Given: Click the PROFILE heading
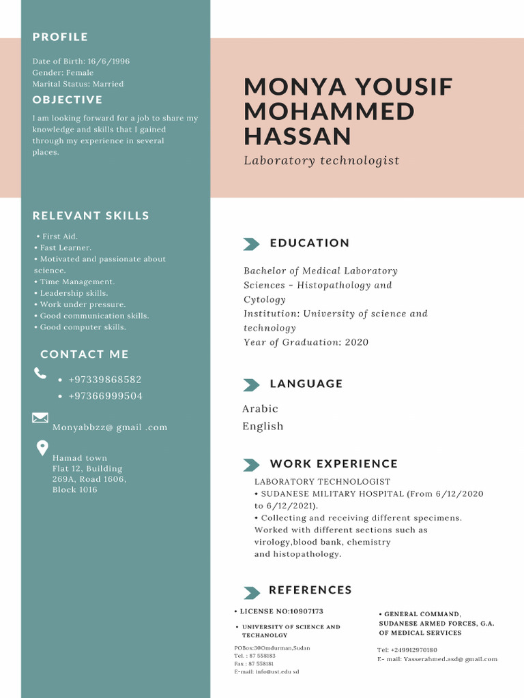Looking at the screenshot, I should tap(60, 37).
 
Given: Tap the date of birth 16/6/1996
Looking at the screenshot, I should tap(108, 61).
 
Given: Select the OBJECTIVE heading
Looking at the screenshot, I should tap(68, 100).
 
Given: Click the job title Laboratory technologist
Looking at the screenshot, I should tap(321, 161).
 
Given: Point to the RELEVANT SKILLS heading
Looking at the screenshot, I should tap(91, 216).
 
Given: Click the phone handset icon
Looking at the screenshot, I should tap(40, 373).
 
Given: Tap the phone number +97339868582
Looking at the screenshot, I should tap(105, 380).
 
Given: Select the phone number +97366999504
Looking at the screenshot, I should tap(105, 396).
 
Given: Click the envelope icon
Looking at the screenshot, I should tap(40, 417).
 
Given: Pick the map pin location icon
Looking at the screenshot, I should tap(42, 448).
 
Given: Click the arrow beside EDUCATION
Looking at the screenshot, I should tap(251, 244).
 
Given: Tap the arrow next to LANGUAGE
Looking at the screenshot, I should tap(251, 385).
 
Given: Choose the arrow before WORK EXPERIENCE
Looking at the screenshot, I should tap(251, 465).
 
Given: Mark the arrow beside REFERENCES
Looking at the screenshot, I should tap(251, 592).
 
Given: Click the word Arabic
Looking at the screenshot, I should tap(260, 409).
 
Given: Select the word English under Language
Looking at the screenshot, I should tap(263, 427).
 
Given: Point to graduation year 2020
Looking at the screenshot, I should tap(356, 342).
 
